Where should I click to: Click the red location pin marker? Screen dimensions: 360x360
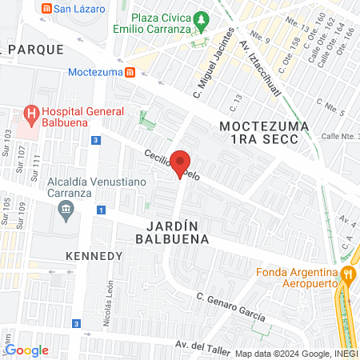(181, 165)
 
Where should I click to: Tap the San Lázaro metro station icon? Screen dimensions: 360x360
(47, 9)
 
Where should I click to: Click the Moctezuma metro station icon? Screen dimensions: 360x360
(129, 72)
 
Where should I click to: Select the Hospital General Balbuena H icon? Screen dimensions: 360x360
(31, 114)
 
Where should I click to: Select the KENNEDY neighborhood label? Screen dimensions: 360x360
(94, 256)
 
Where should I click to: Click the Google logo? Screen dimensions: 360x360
(26, 350)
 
